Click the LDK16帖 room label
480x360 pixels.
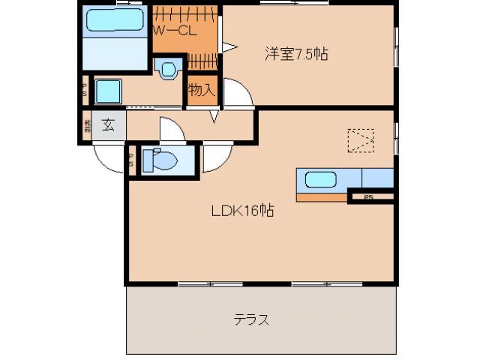coord(242,211)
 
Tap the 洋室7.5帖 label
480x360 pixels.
coord(296,54)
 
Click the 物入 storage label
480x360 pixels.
coord(202,91)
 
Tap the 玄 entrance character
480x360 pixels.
coord(109,125)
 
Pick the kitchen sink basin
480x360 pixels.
coord(320,180)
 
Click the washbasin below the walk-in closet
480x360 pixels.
coord(167,68)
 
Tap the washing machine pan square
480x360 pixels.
coord(106,92)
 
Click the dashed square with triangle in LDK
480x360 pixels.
coord(360,140)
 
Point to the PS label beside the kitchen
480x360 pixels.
coord(367,198)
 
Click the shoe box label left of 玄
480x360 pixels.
coord(87,125)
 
